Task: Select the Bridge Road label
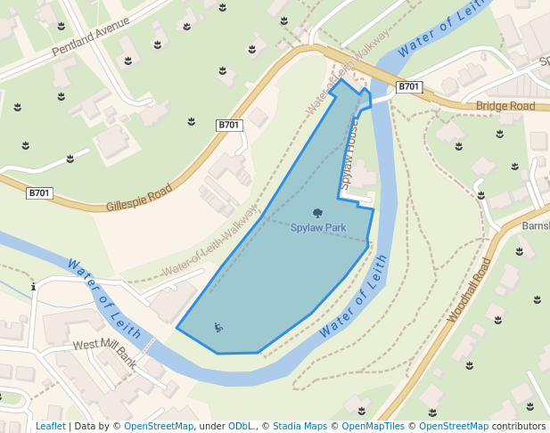(x=505, y=106)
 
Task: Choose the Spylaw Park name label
(x=318, y=227)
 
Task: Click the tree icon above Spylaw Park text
(x=318, y=213)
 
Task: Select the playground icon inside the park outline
(x=218, y=328)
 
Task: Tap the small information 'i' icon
(x=33, y=287)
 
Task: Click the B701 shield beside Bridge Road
(x=408, y=86)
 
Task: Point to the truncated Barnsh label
(x=536, y=225)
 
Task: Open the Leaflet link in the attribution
(x=51, y=427)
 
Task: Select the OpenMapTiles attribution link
(x=374, y=427)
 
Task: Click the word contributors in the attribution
(x=519, y=427)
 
